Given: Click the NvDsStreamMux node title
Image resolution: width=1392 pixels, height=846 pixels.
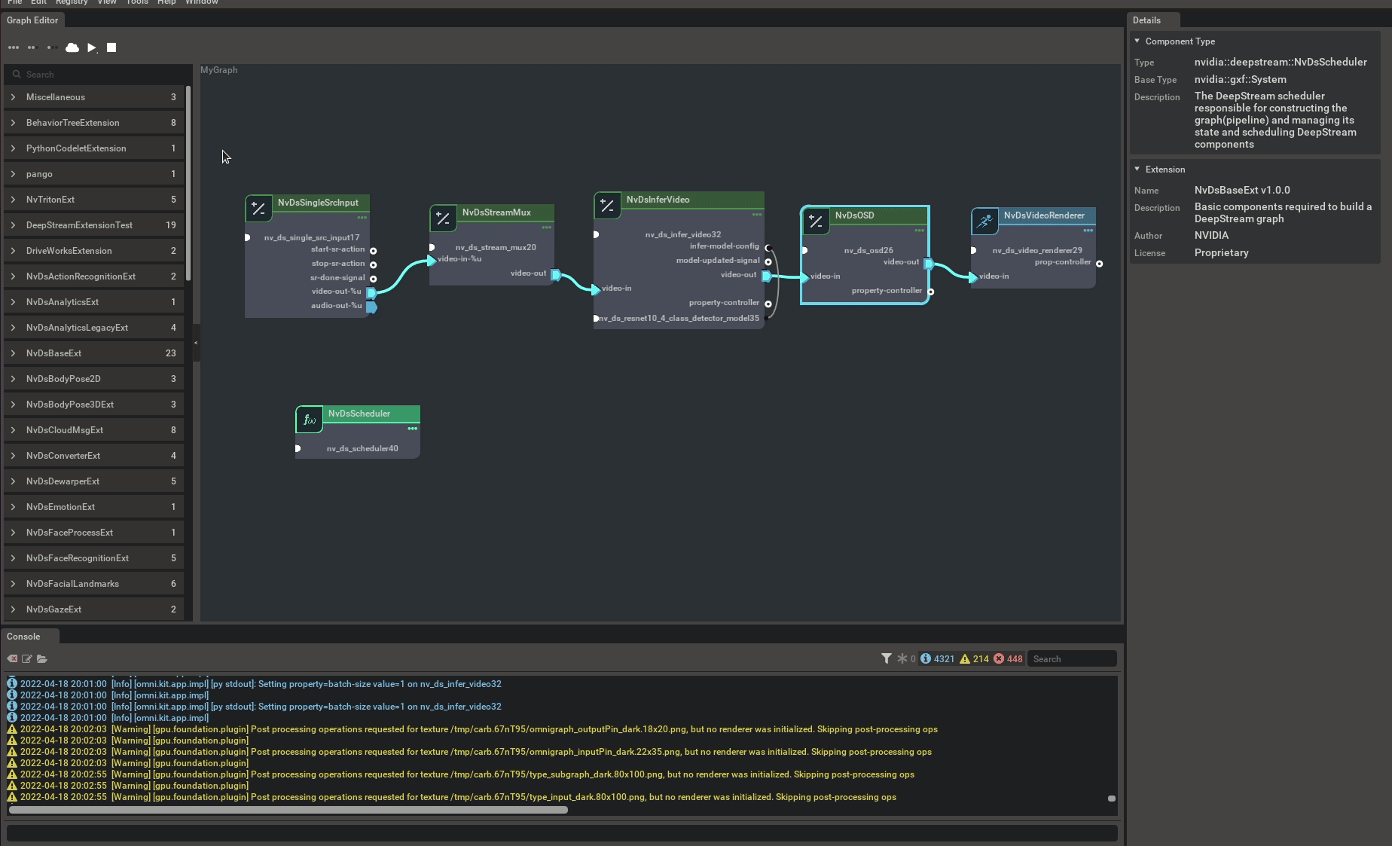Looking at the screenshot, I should tap(496, 212).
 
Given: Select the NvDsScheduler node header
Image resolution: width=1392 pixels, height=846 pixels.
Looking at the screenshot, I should tap(359, 414).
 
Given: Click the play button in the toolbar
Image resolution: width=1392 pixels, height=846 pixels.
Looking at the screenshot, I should tap(92, 47).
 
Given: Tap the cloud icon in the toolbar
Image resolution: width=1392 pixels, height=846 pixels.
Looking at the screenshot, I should tap(72, 47).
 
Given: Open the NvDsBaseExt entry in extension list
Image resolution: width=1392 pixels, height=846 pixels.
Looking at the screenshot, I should tap(53, 353).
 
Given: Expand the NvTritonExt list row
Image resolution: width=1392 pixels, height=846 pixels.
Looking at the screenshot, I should tap(50, 200).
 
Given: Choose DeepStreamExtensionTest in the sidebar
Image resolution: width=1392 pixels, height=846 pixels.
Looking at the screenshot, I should tap(79, 225).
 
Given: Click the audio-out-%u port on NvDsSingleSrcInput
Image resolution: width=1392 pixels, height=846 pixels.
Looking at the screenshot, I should tap(371, 307).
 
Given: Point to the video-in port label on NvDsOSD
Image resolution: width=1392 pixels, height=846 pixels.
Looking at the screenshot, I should tap(825, 276).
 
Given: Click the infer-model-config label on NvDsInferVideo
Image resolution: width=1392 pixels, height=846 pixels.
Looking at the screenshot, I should tap(724, 246).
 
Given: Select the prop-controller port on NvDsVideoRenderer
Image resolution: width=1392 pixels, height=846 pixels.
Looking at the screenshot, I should tap(1099, 264).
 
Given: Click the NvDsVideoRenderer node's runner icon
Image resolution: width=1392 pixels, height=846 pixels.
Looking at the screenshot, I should tap(984, 221).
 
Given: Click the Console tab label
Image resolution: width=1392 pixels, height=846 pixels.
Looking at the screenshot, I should tap(23, 637).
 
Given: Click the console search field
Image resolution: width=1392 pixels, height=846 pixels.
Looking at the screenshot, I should tap(1071, 659).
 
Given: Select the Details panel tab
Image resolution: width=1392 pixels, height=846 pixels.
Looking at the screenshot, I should tap(1146, 20).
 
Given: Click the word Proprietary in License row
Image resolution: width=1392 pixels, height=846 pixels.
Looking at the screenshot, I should tap(1221, 253).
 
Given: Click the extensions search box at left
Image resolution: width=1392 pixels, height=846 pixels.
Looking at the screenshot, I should tap(98, 75).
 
